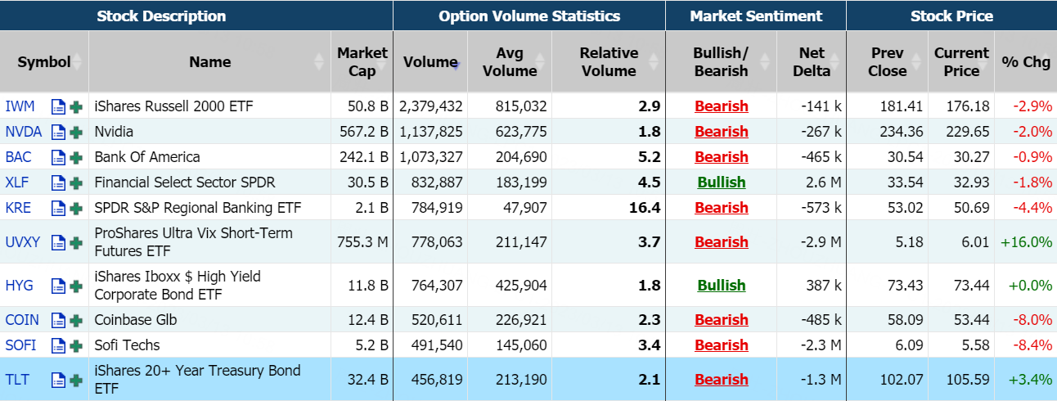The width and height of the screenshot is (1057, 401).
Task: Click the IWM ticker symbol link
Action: point(20,106)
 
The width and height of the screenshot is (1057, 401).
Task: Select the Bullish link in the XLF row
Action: point(721,182)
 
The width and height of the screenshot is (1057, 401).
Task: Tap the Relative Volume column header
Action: point(608,62)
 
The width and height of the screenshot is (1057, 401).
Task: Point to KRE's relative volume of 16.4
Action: point(645,208)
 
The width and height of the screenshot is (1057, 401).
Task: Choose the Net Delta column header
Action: point(812,62)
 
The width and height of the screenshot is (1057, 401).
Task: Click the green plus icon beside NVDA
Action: point(76,132)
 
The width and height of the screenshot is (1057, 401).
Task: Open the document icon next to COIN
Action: point(58,320)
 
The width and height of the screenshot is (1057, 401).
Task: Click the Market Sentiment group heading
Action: point(756,16)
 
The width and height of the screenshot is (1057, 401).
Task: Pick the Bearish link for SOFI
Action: point(721,345)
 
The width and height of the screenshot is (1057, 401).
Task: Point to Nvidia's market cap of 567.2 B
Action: point(362,132)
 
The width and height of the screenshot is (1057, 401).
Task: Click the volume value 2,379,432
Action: point(431,106)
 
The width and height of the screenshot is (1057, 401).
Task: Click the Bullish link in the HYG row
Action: point(721,286)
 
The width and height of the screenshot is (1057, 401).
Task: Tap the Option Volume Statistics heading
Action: point(529,16)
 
